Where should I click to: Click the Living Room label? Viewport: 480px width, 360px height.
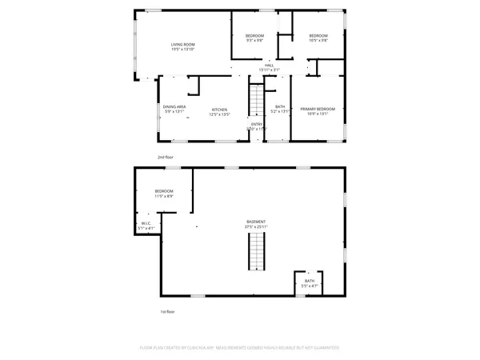click(x=183, y=44)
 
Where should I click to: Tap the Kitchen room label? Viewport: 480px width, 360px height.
click(x=219, y=109)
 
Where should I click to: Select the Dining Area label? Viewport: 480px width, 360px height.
click(x=174, y=107)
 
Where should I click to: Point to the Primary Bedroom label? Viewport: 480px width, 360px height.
click(x=318, y=109)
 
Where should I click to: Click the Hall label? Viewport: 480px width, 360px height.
click(x=270, y=65)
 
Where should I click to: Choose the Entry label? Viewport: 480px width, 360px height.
click(x=257, y=124)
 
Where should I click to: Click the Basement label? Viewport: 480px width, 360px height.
click(x=256, y=222)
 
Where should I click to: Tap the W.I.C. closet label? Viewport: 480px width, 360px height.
click(x=146, y=224)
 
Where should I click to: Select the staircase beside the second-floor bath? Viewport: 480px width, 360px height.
click(x=256, y=101)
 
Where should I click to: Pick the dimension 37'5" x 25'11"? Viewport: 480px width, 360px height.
click(x=256, y=227)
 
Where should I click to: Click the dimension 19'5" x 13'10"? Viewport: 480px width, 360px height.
click(x=183, y=50)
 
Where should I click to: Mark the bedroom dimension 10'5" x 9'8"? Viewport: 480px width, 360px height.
click(x=318, y=41)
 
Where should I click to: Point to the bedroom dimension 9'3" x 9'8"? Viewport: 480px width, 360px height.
click(x=254, y=41)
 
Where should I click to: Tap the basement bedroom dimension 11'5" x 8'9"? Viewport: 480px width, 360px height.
click(x=164, y=196)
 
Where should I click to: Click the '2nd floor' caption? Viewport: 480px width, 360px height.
click(x=166, y=158)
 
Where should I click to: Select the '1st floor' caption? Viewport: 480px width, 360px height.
click(x=166, y=311)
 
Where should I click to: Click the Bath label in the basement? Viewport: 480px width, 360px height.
click(x=310, y=281)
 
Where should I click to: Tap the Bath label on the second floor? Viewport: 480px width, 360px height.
click(x=280, y=107)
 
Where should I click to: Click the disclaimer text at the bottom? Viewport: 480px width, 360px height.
click(x=240, y=348)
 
